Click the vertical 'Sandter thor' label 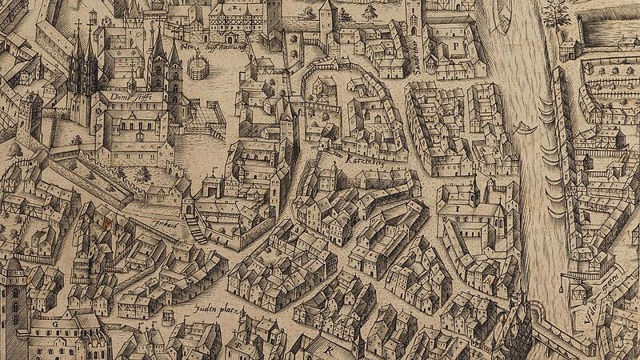417,57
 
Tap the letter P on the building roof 454,46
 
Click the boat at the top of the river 504,16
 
